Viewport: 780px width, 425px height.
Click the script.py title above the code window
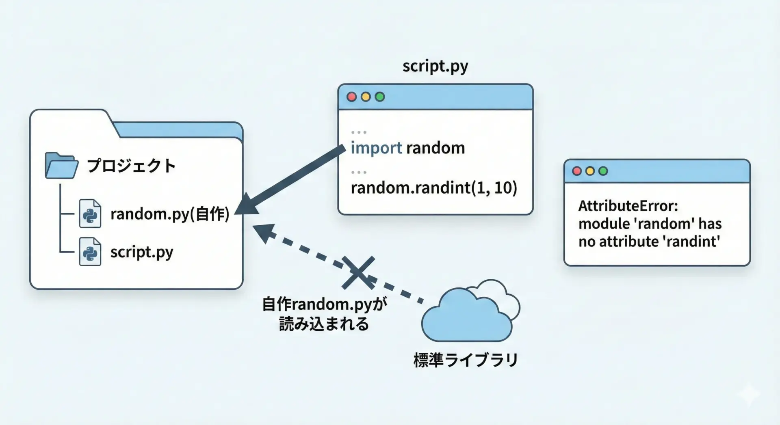tap(435, 66)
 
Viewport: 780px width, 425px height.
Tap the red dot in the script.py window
tap(352, 97)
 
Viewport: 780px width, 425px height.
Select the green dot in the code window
tap(380, 97)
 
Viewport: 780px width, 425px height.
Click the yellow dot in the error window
tap(590, 171)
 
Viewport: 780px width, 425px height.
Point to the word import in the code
tap(376, 148)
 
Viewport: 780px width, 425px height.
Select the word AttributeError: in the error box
tap(628, 206)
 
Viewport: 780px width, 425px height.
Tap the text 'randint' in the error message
tap(691, 242)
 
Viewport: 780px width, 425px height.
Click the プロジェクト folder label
tap(131, 166)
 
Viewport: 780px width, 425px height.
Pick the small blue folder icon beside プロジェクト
tap(61, 166)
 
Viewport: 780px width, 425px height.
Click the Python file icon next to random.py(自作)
tap(90, 214)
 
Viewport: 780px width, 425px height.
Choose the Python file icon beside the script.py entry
tap(90, 252)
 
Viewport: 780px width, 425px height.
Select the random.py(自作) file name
tap(170, 214)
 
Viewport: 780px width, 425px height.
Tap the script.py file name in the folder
tap(142, 252)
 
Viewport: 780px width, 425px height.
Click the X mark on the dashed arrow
tap(358, 272)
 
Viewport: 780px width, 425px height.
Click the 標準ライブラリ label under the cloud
tap(466, 360)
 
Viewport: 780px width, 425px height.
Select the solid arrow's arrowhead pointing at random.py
tap(246, 205)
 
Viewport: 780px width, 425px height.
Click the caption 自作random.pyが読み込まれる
tap(324, 314)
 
